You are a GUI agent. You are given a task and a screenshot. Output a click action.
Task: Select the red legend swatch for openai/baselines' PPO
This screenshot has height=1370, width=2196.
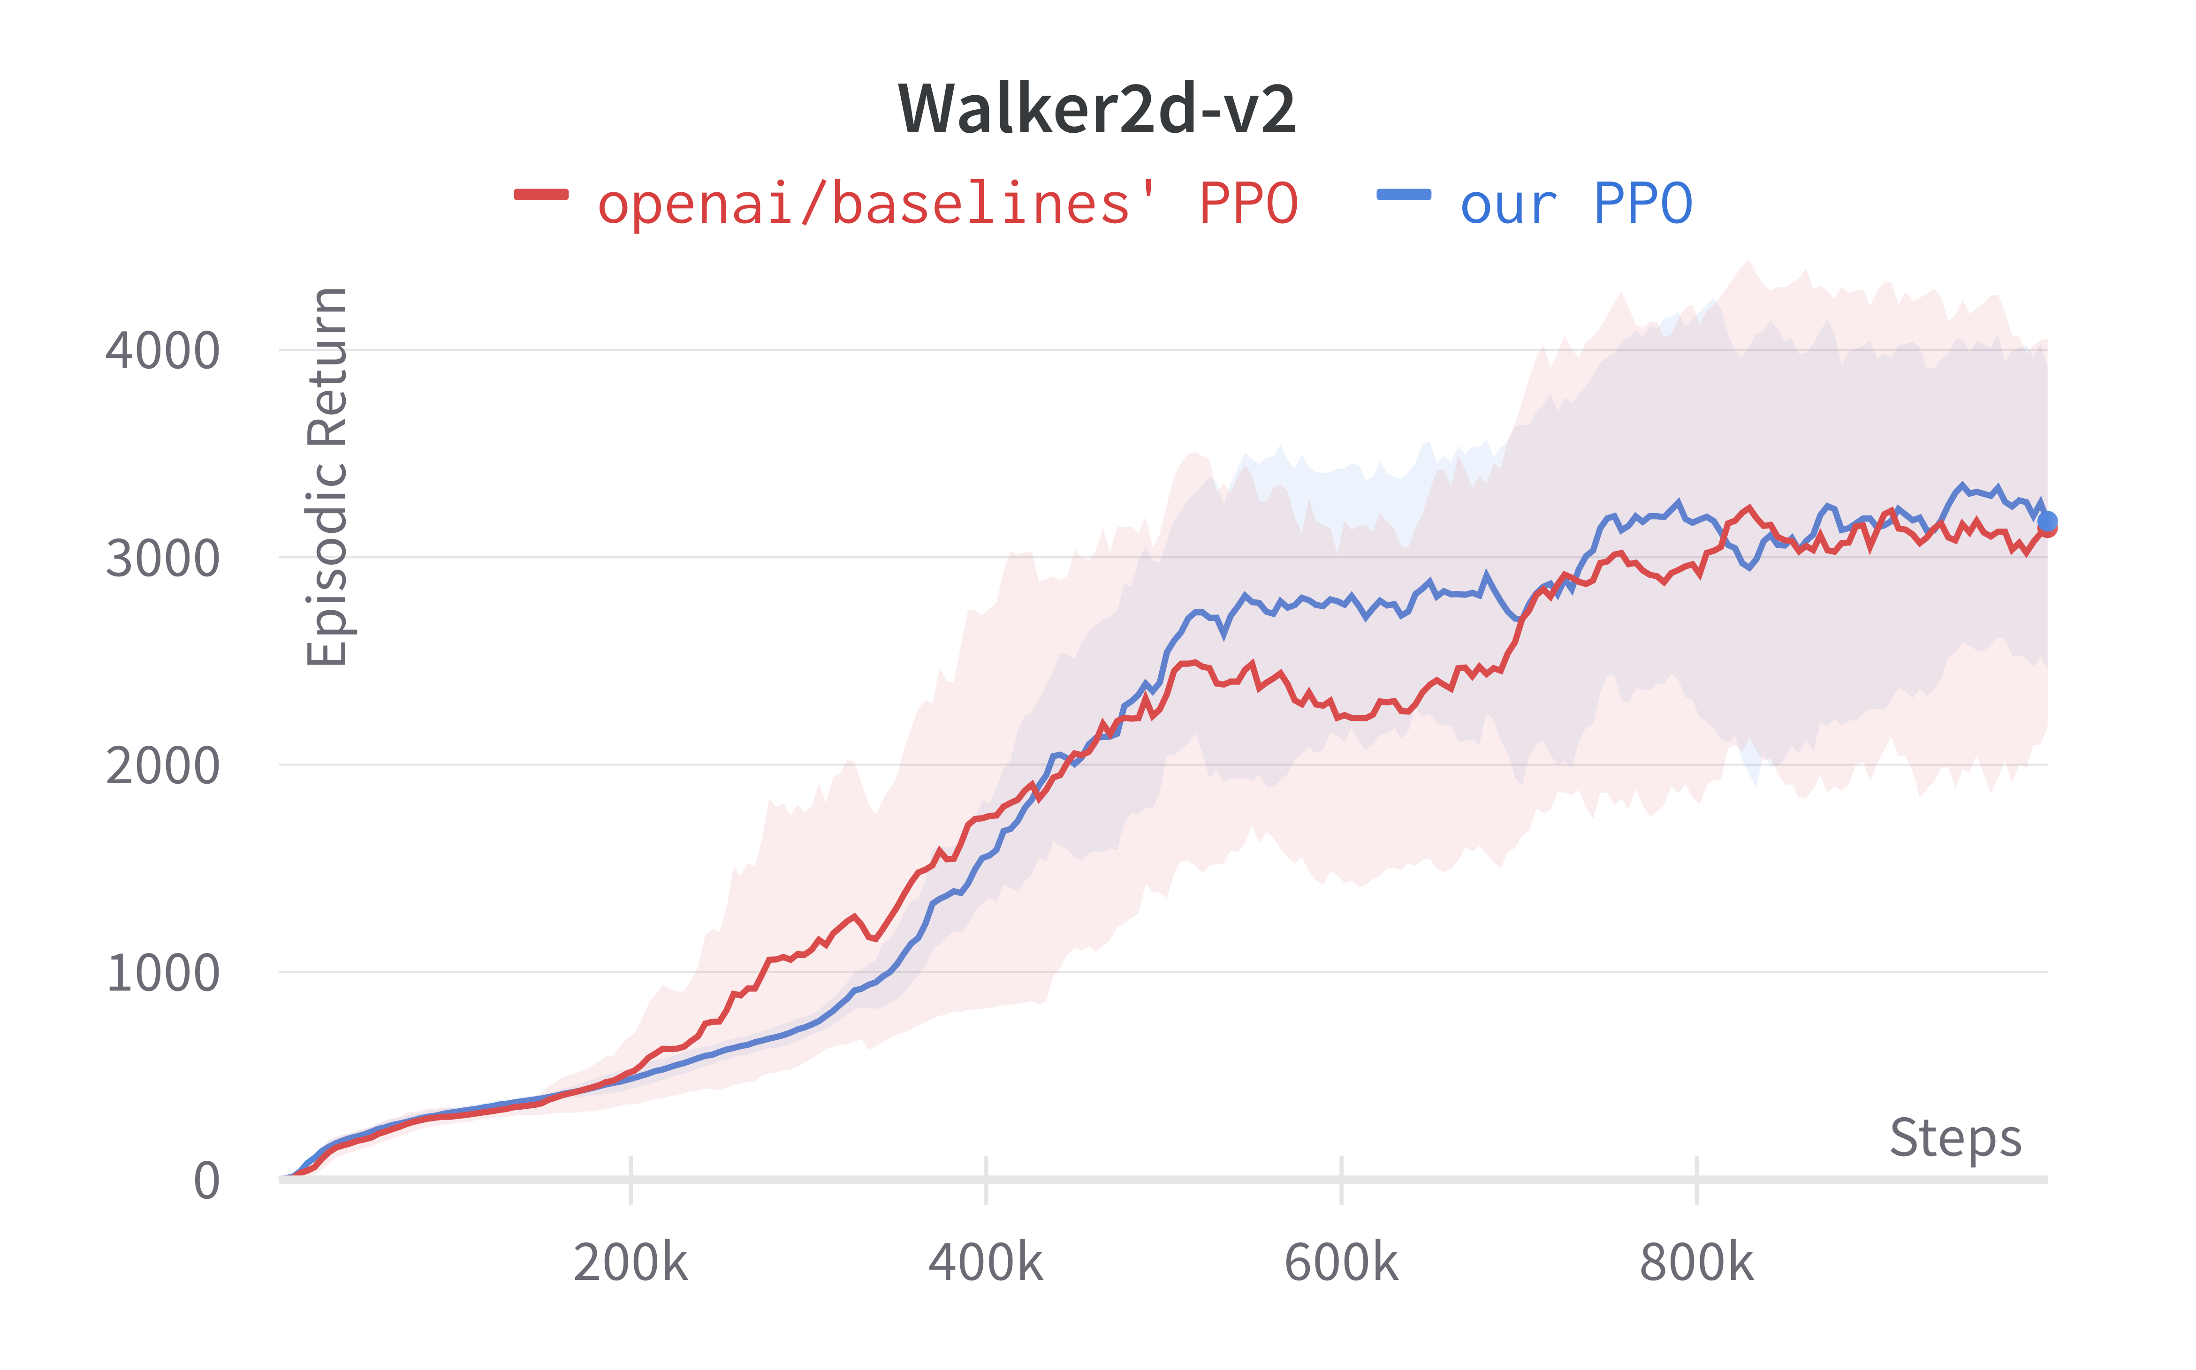click(x=541, y=194)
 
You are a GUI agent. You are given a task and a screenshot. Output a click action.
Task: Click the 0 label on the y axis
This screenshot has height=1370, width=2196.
click(x=206, y=1181)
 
